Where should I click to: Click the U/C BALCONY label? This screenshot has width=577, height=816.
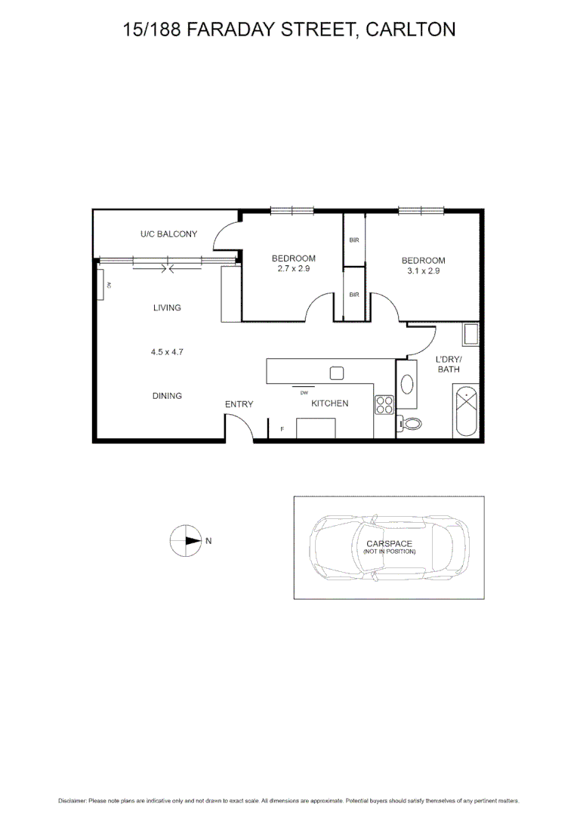tap(168, 234)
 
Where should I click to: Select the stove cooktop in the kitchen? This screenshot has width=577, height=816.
tap(384, 404)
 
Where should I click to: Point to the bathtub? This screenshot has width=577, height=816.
tap(464, 410)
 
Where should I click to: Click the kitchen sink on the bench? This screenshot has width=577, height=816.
tap(337, 372)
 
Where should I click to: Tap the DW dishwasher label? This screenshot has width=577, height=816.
tap(304, 393)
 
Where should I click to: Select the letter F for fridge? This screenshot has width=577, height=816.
tap(282, 429)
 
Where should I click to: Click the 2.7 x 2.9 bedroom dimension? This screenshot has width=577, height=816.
tap(294, 268)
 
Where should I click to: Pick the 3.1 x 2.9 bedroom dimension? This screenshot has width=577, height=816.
tap(423, 270)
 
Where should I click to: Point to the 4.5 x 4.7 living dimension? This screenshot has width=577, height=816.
tap(167, 351)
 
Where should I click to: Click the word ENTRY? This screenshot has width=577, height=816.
tap(239, 404)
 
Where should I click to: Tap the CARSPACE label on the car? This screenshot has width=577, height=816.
tap(389, 544)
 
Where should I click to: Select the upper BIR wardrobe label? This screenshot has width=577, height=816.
tap(354, 240)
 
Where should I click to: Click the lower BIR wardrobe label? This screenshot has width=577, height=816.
tap(354, 295)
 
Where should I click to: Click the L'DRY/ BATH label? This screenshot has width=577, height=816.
tap(449, 364)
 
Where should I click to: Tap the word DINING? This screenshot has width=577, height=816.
tap(167, 396)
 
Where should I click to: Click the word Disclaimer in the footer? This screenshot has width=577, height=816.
tap(72, 800)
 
